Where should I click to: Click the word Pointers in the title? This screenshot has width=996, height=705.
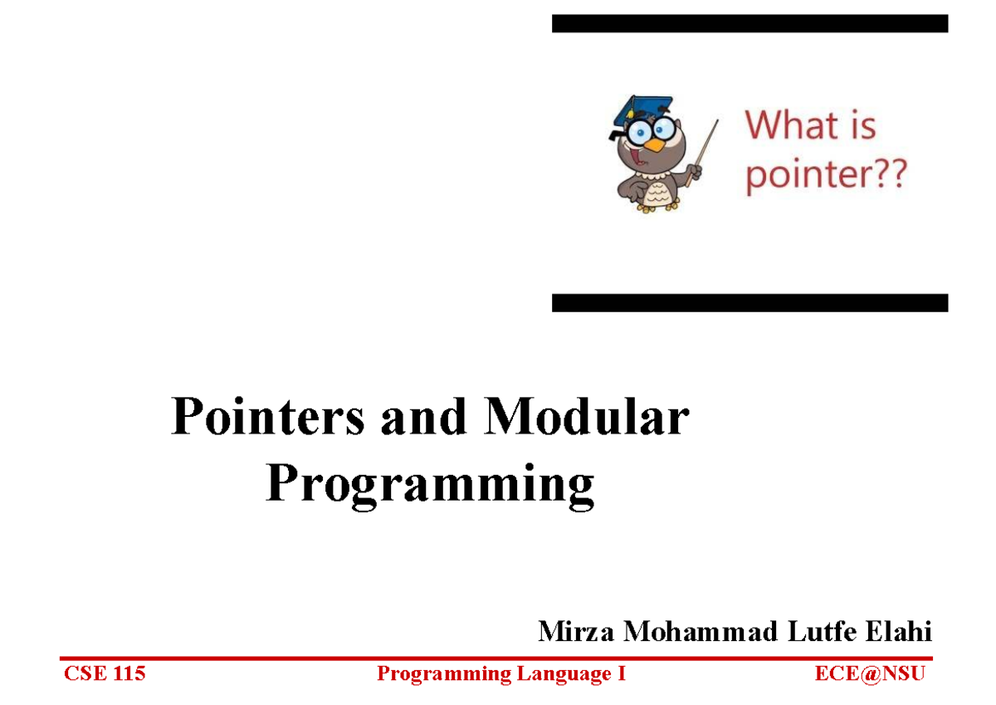(x=267, y=418)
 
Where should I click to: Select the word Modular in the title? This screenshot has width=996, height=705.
(x=586, y=418)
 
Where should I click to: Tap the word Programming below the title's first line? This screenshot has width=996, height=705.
(x=430, y=485)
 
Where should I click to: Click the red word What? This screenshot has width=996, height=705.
(x=792, y=126)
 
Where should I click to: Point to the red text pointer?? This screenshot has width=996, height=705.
(x=826, y=176)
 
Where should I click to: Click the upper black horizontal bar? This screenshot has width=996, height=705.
(x=749, y=23)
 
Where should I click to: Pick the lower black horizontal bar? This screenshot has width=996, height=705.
(x=749, y=302)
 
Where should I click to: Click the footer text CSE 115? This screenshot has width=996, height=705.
(x=105, y=673)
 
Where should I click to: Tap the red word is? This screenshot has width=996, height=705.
(x=862, y=126)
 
